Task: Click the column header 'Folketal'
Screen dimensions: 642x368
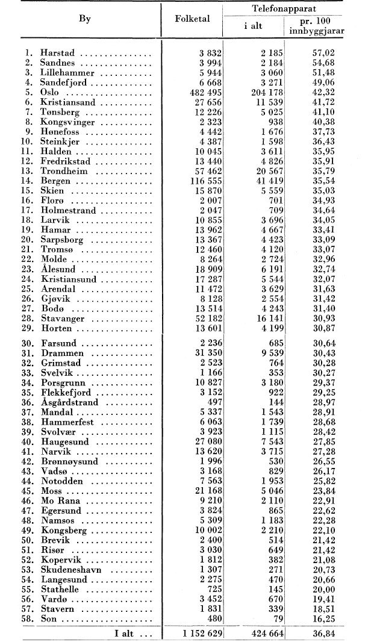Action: pyautogui.click(x=193, y=19)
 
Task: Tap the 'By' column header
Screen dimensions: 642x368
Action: pyautogui.click(x=84, y=19)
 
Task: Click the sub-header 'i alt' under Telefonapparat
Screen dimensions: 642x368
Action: pyautogui.click(x=252, y=26)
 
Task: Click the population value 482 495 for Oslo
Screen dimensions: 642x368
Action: pyautogui.click(x=202, y=93)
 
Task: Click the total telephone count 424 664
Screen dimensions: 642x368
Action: pyautogui.click(x=261, y=632)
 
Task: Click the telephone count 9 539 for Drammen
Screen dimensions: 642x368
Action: pyautogui.click(x=267, y=353)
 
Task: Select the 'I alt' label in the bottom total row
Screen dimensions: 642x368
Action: pyautogui.click(x=123, y=632)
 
